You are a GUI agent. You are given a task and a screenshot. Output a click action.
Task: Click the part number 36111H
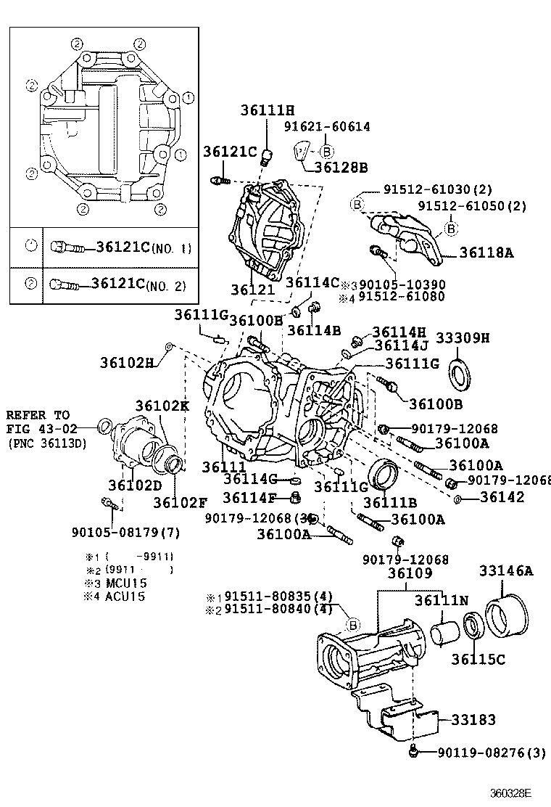point(268,110)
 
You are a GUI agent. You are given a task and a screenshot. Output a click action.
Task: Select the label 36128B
point(341,168)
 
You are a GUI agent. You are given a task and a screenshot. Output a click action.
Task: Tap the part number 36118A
point(486,253)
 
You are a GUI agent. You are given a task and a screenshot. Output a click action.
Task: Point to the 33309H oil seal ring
point(460,371)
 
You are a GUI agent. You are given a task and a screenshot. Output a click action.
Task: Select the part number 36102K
point(162,406)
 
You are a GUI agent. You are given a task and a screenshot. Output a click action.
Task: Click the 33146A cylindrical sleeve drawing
point(505,615)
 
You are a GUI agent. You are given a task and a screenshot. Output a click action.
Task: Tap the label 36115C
point(478,659)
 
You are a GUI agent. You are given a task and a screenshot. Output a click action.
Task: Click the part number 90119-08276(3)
point(491,753)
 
